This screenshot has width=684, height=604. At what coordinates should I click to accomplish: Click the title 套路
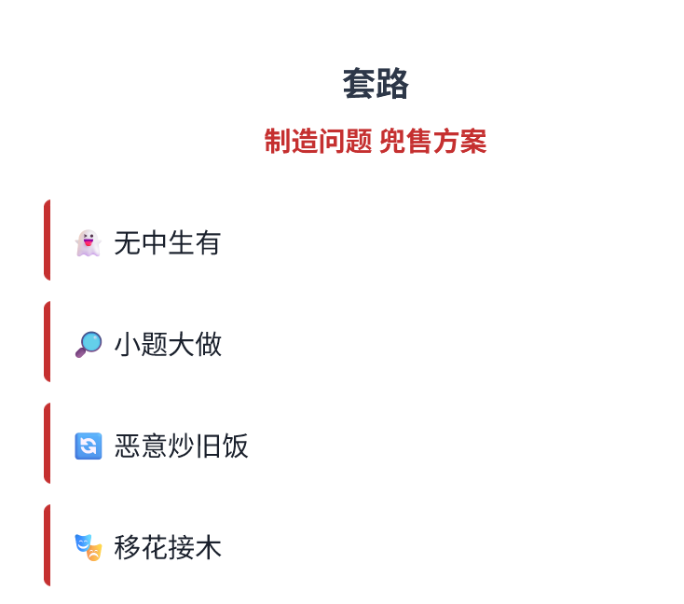pyautogui.click(x=376, y=85)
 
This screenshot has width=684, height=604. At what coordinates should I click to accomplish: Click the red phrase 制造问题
pyautogui.click(x=318, y=143)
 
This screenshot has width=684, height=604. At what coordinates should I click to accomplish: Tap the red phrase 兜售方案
pyautogui.click(x=432, y=143)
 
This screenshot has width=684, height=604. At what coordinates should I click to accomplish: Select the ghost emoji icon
pyautogui.click(x=88, y=243)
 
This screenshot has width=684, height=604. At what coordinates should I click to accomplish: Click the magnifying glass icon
pyautogui.click(x=88, y=345)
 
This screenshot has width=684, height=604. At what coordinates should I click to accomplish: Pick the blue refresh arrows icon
pyautogui.click(x=88, y=446)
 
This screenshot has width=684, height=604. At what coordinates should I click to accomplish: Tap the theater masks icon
pyautogui.click(x=88, y=547)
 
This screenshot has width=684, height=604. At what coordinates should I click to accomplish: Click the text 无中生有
pyautogui.click(x=167, y=243)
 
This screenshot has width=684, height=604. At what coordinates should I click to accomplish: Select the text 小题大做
pyautogui.click(x=167, y=345)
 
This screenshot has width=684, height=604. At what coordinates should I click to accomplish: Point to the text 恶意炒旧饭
pyautogui.click(x=181, y=446)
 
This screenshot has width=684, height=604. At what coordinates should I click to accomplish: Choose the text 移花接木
pyautogui.click(x=167, y=547)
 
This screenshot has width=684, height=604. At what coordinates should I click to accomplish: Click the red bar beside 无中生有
pyautogui.click(x=47, y=240)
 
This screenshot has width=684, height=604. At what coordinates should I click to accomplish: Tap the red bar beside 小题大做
pyautogui.click(x=47, y=341)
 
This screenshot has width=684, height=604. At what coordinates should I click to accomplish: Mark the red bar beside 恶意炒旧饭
pyautogui.click(x=47, y=443)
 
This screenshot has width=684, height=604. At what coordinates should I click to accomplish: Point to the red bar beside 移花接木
pyautogui.click(x=47, y=544)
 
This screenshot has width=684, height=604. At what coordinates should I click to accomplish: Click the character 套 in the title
pyautogui.click(x=359, y=85)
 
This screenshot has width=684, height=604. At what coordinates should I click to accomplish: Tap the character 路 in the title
pyautogui.click(x=392, y=85)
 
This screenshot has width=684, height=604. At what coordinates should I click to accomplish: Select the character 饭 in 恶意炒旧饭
pyautogui.click(x=236, y=446)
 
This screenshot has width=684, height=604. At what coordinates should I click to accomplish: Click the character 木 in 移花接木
pyautogui.click(x=209, y=547)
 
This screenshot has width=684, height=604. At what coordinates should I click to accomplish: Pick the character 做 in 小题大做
pyautogui.click(x=209, y=345)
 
